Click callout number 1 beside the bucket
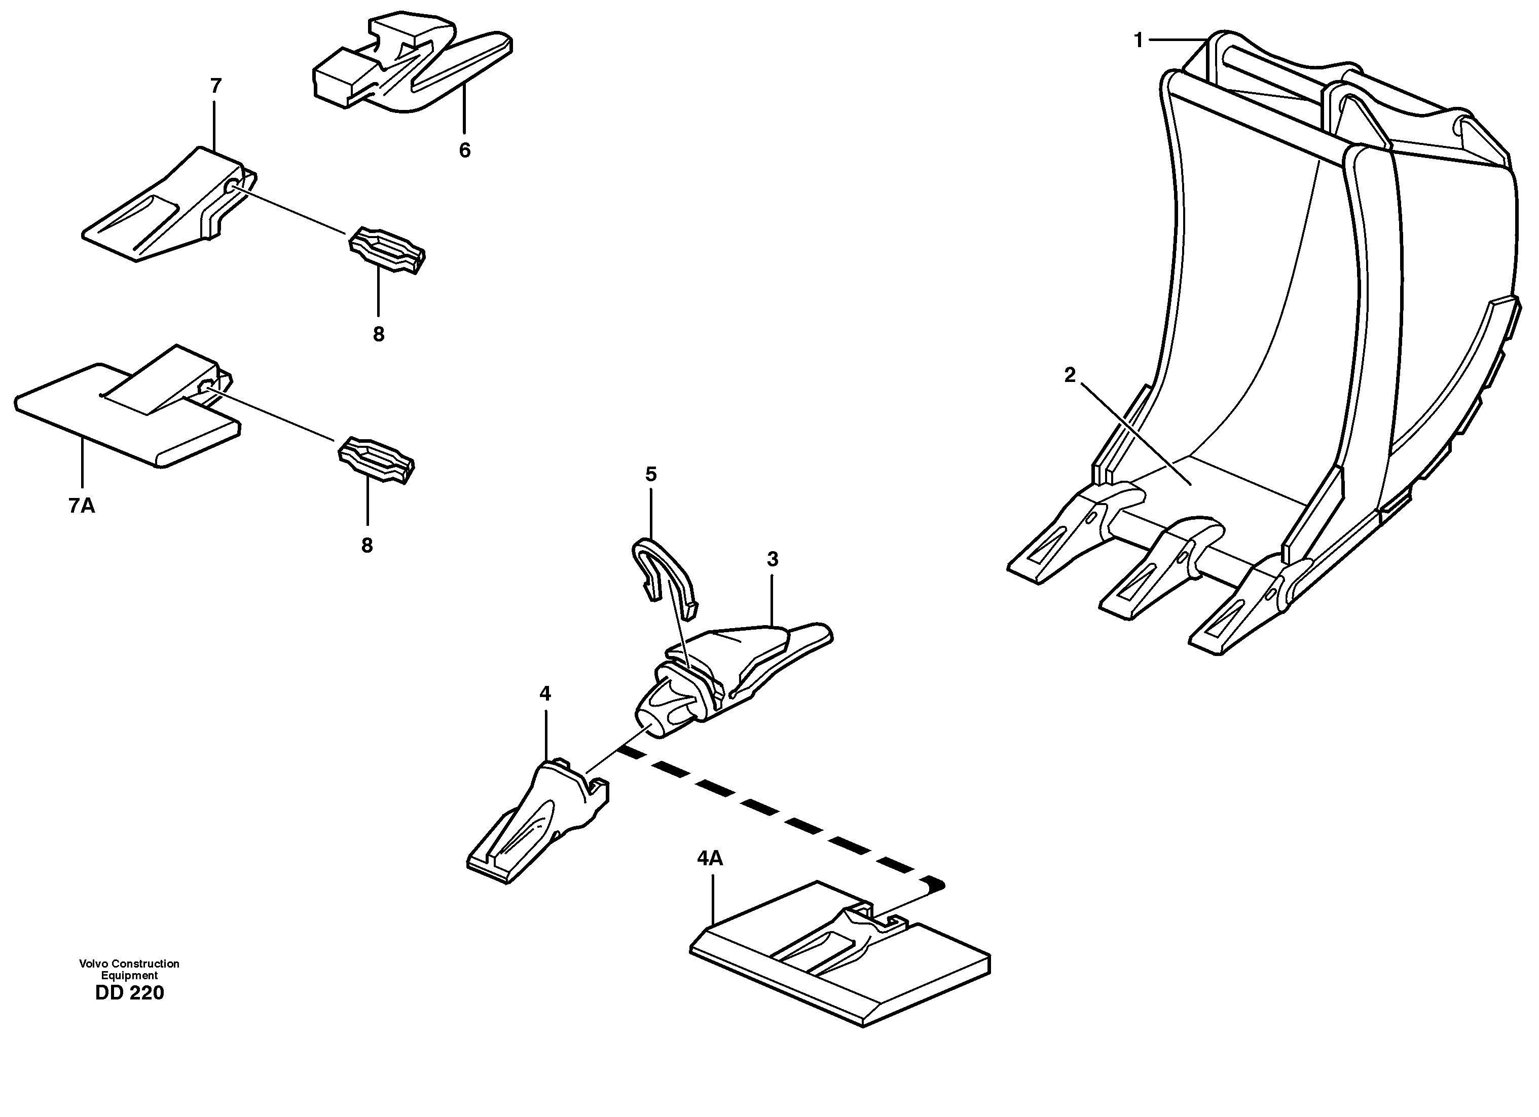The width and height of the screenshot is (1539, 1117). pyautogui.click(x=1138, y=41)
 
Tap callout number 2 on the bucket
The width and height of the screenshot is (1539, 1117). pyautogui.click(x=1070, y=375)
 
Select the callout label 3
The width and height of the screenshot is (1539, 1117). pyautogui.click(x=772, y=560)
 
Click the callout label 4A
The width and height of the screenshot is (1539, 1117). pyautogui.click(x=710, y=859)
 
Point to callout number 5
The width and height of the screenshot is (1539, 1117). pyautogui.click(x=651, y=474)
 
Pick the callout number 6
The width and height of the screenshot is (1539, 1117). pyautogui.click(x=464, y=150)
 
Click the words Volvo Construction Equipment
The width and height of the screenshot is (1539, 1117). pyautogui.click(x=129, y=969)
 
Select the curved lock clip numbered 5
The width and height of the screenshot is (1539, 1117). pyautogui.click(x=662, y=570)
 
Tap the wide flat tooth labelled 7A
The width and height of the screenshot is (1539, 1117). pyautogui.click(x=122, y=414)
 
